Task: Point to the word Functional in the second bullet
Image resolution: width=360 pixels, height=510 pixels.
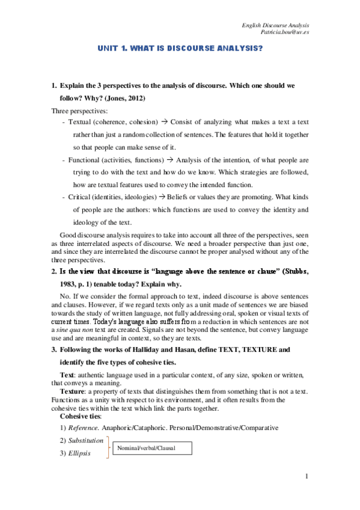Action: (x=84, y=161)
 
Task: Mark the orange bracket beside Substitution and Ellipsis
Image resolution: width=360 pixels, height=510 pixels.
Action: (x=108, y=447)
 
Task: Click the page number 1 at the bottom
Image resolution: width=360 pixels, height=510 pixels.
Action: (x=307, y=477)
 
